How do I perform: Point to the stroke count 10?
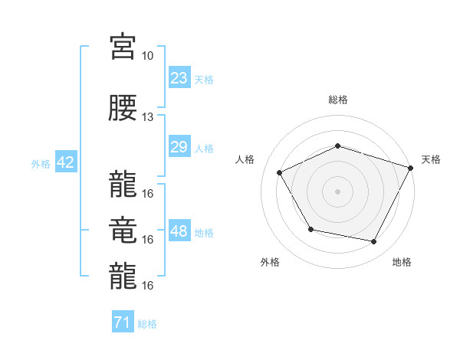coord(147,56)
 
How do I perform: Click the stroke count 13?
coord(147,117)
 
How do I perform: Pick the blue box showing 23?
coord(179,78)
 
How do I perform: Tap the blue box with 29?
coord(179,147)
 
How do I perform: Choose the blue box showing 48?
coord(179,231)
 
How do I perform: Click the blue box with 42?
coord(65,162)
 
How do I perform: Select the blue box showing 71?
coord(122,323)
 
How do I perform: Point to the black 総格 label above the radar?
coord(337,100)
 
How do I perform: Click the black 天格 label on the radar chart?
coord(431,159)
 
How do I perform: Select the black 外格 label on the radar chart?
coord(270,262)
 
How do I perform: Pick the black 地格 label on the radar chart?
coord(402,262)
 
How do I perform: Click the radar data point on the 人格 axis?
coord(280,173)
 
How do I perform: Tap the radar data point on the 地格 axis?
coord(374,242)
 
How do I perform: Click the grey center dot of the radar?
coord(337,191)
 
